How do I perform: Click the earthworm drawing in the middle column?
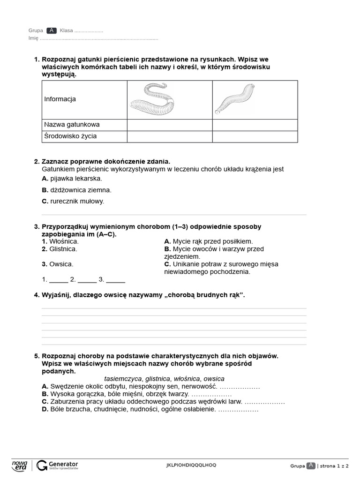pyautogui.click(x=152, y=100)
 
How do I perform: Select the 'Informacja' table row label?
pyautogui.click(x=60, y=99)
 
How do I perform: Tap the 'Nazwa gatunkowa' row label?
pyautogui.click(x=72, y=125)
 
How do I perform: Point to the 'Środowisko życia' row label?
pyautogui.click(x=70, y=136)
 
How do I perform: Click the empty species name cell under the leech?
pyautogui.click(x=255, y=125)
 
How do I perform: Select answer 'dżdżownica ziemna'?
pyautogui.click(x=81, y=190)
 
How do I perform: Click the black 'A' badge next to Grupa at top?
pyautogui.click(x=52, y=30)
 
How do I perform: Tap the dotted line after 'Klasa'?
pyautogui.click(x=89, y=31)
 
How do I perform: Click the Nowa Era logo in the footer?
pyautogui.click(x=20, y=465)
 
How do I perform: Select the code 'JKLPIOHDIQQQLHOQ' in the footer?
pyautogui.click(x=191, y=465)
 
